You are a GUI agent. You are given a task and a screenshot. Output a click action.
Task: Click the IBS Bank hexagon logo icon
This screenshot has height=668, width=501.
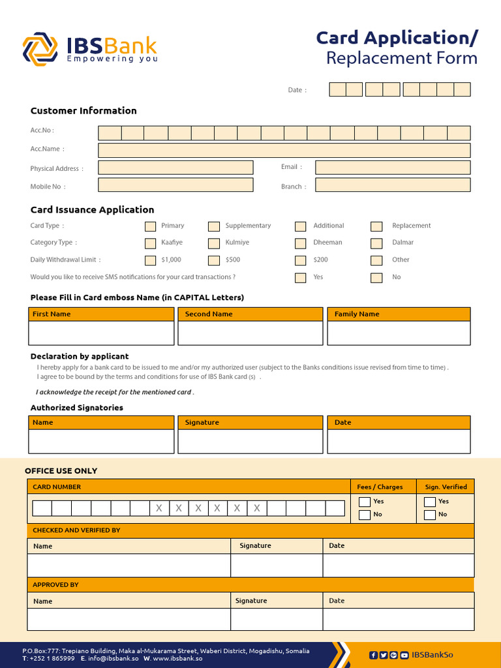[x=40, y=50]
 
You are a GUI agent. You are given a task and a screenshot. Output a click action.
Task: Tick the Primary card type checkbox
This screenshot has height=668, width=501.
[x=150, y=226]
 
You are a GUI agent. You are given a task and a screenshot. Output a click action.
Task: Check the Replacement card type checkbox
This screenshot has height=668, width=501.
[x=376, y=226]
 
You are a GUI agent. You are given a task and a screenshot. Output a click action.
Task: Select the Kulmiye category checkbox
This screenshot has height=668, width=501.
[x=214, y=243]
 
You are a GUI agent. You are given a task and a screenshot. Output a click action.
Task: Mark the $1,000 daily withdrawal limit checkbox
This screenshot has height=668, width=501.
[x=150, y=260]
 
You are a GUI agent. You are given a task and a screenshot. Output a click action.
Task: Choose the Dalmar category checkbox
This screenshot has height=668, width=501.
[x=376, y=243]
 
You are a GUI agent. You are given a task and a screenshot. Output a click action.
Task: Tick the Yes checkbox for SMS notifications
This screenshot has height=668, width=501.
[x=300, y=277]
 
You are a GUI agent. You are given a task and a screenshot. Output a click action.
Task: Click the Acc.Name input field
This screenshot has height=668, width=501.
[x=284, y=150]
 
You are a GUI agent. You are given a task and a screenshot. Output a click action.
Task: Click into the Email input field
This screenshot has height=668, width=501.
[x=392, y=168]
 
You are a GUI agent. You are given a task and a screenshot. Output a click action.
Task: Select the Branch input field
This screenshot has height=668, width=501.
[x=392, y=185]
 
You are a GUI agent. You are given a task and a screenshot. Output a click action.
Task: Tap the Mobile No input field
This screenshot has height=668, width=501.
[x=175, y=185]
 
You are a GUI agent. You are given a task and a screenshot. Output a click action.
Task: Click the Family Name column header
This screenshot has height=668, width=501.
[x=399, y=314]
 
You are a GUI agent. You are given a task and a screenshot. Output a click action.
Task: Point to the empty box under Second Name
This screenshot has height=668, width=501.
[x=250, y=333]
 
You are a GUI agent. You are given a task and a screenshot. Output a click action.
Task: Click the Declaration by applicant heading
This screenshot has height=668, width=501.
[x=80, y=356]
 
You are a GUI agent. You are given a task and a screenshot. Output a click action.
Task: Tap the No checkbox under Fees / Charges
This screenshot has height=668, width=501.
[x=365, y=515]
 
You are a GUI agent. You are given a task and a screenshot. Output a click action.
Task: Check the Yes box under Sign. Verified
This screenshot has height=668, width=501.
[x=429, y=502]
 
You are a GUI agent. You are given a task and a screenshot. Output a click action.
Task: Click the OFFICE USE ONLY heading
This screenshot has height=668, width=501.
[x=61, y=471]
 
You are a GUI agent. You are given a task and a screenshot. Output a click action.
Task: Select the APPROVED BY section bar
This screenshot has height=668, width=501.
[x=250, y=584]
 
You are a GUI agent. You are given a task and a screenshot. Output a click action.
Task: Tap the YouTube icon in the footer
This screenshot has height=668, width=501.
[x=404, y=655]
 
